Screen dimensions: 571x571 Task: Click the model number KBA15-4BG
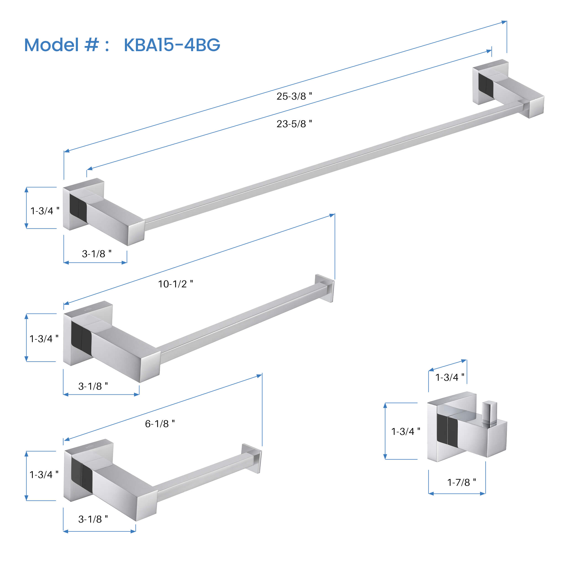pos(172,45)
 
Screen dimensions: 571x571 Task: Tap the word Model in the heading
pos(51,45)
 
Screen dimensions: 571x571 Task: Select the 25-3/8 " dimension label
pos(294,96)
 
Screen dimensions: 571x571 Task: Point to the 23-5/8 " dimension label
pos(294,124)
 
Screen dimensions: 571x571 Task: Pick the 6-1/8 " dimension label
pos(160,424)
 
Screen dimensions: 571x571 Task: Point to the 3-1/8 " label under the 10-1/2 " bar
pos(93,386)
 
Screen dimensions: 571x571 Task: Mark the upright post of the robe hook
pos(489,413)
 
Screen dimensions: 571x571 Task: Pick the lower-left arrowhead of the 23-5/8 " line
pos(90,169)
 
